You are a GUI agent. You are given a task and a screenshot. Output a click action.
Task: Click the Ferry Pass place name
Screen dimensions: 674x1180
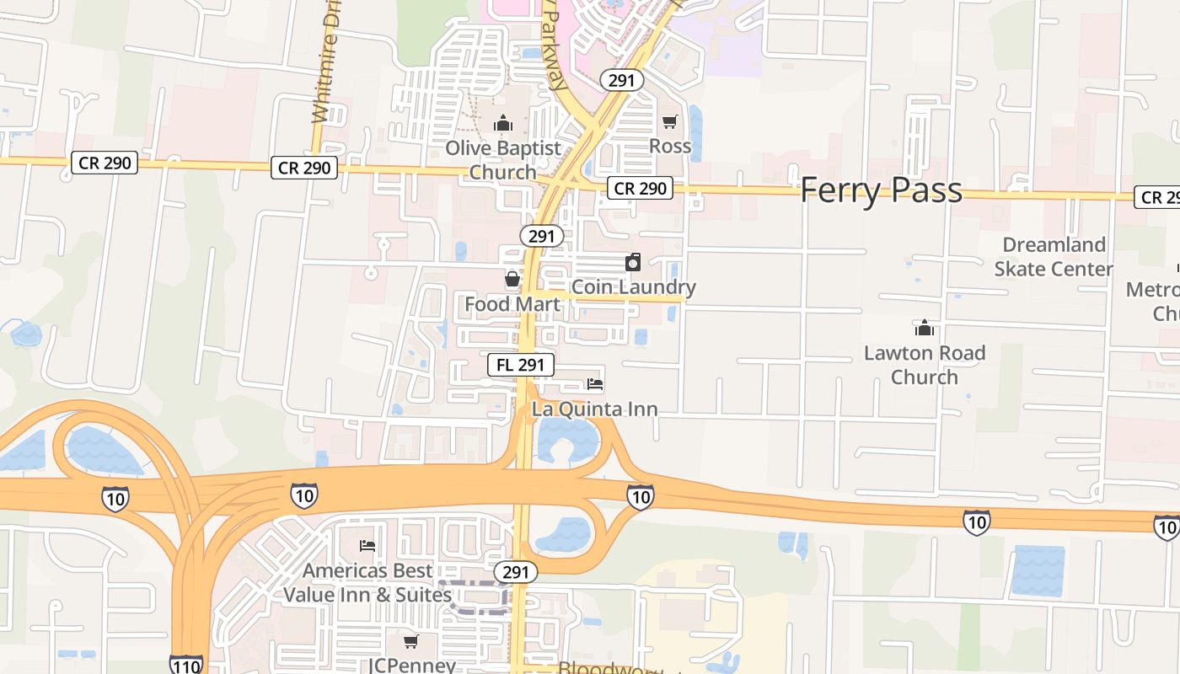(881, 190)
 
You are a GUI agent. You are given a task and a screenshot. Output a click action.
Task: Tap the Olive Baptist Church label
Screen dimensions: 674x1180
(503, 160)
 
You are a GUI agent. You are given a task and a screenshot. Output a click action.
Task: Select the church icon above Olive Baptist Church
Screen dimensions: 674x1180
(503, 124)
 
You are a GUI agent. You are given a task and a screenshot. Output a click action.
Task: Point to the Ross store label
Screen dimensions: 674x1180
(670, 147)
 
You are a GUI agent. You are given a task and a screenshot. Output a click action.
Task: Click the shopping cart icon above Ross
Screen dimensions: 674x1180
(670, 122)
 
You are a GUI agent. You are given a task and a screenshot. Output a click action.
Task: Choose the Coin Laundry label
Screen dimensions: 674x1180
(634, 287)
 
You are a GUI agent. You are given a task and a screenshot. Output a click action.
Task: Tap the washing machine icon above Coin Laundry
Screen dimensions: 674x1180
(633, 262)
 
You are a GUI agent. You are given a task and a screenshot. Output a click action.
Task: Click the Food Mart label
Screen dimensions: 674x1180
(512, 304)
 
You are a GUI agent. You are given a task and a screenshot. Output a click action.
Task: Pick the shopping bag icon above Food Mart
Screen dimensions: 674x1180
(512, 279)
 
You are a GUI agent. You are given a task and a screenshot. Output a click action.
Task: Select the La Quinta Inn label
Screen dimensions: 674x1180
(595, 409)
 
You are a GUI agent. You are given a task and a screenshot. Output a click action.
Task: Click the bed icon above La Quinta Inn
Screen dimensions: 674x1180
(595, 385)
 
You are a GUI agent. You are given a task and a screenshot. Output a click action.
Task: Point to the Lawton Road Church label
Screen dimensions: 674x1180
(925, 365)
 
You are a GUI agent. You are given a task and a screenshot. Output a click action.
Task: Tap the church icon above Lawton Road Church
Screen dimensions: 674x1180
(925, 328)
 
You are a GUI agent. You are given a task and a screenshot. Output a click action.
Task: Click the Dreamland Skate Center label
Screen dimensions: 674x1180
(1054, 257)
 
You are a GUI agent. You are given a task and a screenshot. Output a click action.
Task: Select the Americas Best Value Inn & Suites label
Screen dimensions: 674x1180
(367, 583)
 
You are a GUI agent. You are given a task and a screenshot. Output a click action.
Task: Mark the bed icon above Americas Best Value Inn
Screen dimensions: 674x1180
(367, 546)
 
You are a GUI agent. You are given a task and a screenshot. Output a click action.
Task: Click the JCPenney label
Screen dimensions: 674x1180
(412, 665)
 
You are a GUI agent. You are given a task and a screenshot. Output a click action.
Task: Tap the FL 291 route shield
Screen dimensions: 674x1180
(521, 365)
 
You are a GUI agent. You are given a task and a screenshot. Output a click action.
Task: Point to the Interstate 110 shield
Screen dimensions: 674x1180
(185, 665)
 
